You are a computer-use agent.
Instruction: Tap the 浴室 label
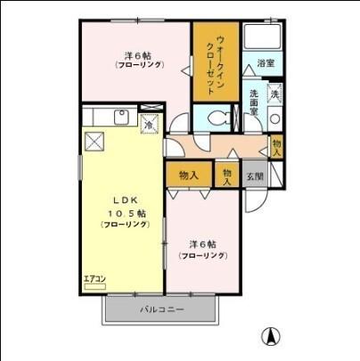266,63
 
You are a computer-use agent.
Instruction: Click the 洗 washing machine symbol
275,93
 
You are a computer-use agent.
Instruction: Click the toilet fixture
217,119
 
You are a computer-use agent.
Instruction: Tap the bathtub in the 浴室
264,38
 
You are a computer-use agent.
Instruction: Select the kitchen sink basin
121,119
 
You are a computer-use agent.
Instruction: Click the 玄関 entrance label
255,176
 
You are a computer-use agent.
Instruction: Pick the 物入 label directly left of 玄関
228,176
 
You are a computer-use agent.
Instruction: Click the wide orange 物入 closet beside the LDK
188,175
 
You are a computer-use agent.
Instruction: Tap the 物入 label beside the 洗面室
278,147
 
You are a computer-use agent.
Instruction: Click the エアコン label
94,279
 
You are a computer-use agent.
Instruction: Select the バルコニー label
161,309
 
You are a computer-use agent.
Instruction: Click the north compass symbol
266,338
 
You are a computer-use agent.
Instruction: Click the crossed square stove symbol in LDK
95,139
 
